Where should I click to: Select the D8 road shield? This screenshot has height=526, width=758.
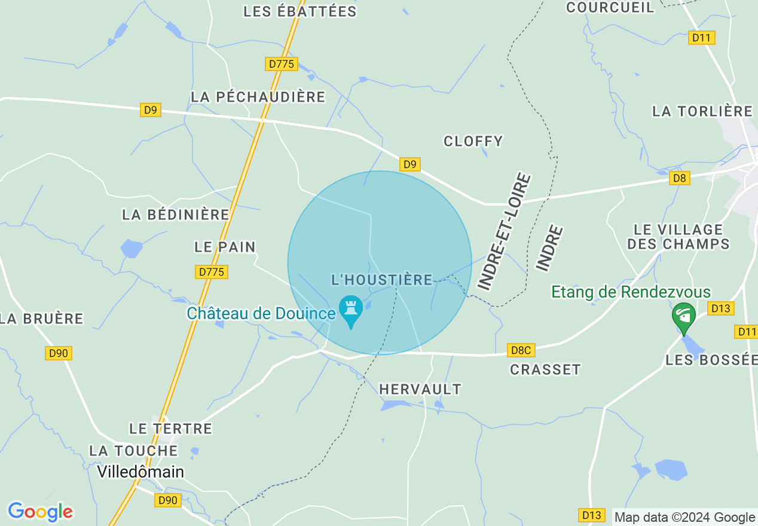point(680,178)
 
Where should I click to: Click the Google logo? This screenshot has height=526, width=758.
point(40,512)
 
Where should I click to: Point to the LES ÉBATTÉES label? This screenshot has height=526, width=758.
point(300,11)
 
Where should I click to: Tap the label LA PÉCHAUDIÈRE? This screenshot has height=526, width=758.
point(258,97)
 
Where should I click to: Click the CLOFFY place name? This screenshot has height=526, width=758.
point(473,142)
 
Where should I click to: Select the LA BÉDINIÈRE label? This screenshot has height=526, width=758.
point(176,215)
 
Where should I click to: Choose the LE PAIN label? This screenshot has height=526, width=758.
point(225,247)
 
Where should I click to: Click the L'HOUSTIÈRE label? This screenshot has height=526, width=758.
point(382,280)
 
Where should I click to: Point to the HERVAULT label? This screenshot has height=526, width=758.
point(421,390)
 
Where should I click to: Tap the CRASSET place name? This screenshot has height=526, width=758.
point(545,370)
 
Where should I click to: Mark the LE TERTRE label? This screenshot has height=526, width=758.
point(171,429)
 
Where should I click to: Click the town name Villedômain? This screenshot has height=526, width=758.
point(140,472)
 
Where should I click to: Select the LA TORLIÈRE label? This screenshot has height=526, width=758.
point(702,111)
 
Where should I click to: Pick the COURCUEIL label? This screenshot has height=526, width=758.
point(610,7)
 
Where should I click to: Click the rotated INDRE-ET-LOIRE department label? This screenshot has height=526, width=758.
point(505,232)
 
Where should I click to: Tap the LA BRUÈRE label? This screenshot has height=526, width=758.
point(42,319)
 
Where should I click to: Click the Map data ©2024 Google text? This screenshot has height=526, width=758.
point(685,518)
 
